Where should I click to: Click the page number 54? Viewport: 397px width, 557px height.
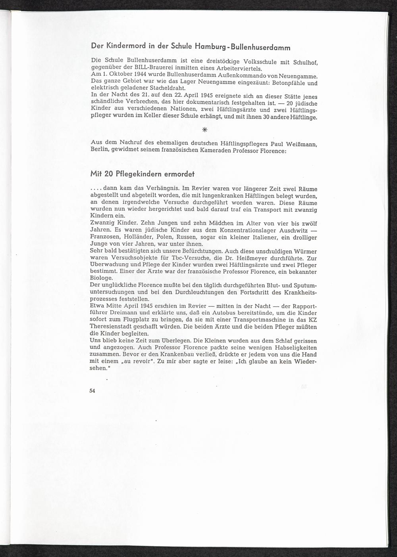point(93,390)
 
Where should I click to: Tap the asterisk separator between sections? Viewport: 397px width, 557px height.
point(204,130)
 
